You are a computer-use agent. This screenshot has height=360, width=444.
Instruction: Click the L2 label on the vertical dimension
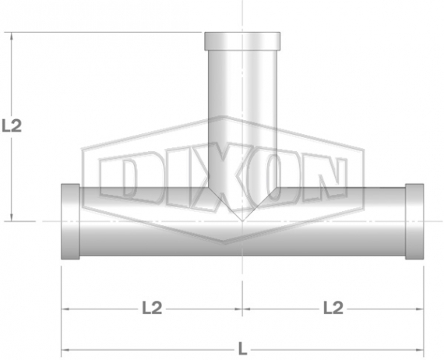(12, 125)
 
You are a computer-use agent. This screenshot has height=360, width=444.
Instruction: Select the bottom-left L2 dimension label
(152, 308)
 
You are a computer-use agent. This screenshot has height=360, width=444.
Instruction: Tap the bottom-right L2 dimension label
(333, 308)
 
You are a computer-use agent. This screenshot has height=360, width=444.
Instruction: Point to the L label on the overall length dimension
(242, 348)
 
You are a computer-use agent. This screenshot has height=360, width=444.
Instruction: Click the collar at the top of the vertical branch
(242, 41)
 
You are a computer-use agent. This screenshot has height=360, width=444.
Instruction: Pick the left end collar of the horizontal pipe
(71, 221)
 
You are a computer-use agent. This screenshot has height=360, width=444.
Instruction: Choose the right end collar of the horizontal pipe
(414, 221)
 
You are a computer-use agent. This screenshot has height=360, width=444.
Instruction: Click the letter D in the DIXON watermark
(118, 178)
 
